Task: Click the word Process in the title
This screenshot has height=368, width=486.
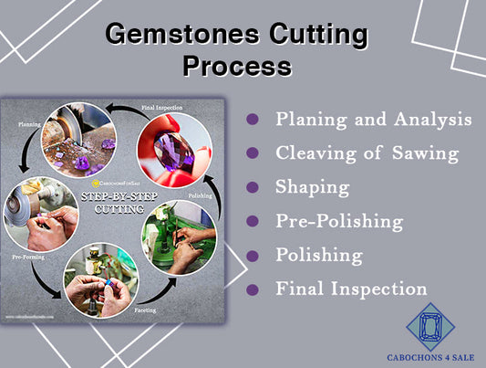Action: click(237, 66)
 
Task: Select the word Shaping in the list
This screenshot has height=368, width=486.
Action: click(313, 187)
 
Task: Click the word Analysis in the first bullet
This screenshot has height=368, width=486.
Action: click(430, 120)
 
